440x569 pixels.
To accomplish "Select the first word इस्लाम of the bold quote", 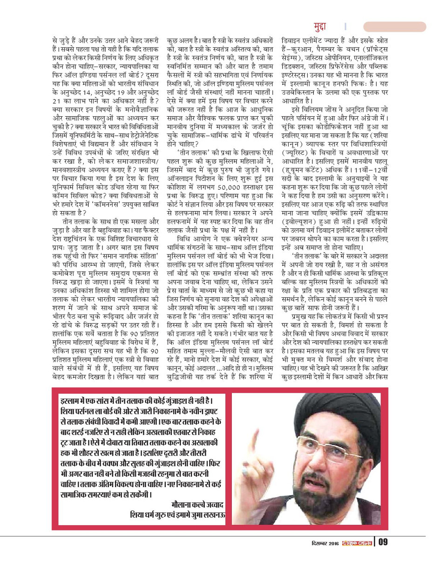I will pyautogui.click(x=67, y=401).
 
